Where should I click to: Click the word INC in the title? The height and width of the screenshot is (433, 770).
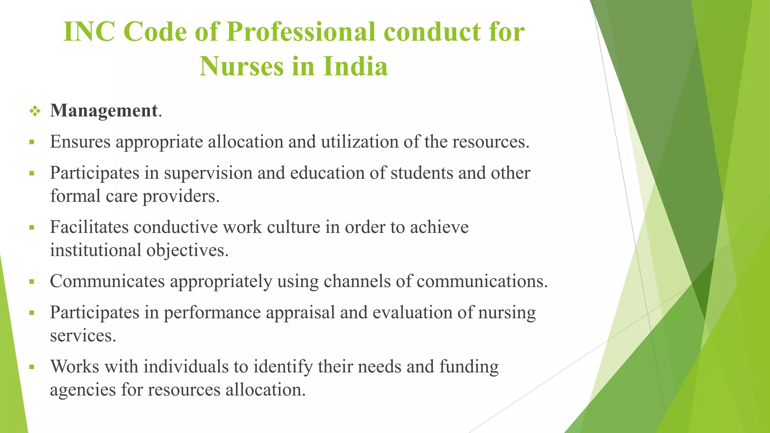[89, 32]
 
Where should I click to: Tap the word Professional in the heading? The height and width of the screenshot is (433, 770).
[301, 32]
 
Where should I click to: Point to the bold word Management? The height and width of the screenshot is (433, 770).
[104, 111]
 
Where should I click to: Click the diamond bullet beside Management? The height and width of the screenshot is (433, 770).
[35, 111]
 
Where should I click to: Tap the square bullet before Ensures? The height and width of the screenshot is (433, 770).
[32, 142]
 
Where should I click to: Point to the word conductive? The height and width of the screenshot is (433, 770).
[176, 227]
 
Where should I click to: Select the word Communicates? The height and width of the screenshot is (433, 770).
[107, 281]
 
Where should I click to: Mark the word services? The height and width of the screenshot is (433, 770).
[83, 336]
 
